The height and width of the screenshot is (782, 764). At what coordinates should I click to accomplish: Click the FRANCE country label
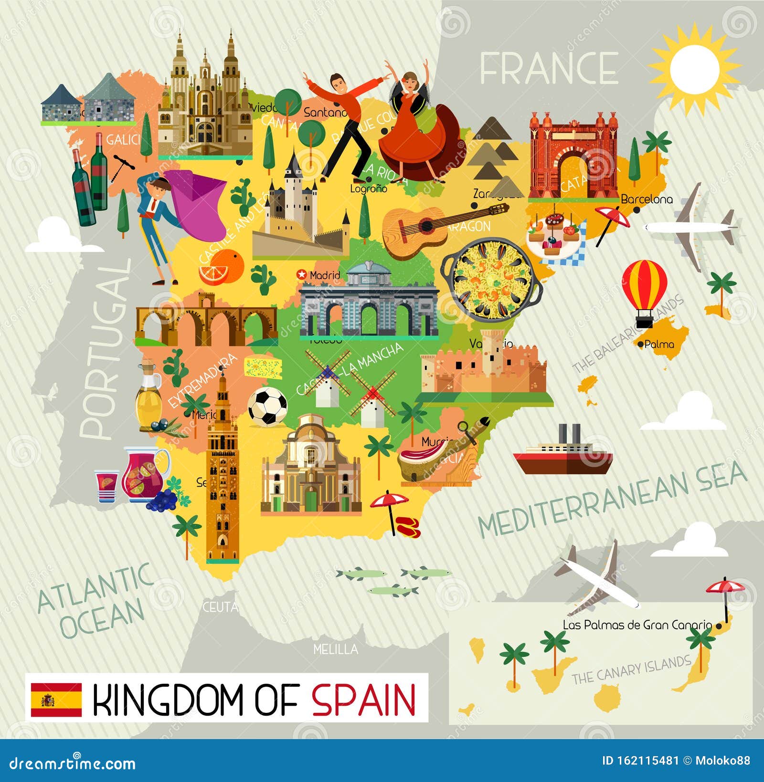click(549, 68)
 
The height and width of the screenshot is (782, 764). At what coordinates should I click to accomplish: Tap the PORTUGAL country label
click(106, 348)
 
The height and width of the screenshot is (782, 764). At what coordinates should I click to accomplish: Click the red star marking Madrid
click(301, 274)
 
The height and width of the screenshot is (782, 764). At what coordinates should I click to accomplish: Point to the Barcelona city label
click(647, 199)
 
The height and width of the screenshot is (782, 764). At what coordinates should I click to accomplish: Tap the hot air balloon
click(644, 292)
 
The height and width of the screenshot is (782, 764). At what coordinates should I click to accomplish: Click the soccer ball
click(267, 407)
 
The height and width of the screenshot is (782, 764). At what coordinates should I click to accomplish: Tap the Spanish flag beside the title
click(56, 699)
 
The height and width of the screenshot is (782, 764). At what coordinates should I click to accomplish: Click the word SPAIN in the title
click(364, 699)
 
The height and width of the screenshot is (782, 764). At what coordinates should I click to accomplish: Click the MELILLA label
click(336, 649)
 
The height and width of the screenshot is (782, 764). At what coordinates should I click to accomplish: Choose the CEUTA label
click(220, 607)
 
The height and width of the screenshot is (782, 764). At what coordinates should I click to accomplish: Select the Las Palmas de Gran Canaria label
click(637, 625)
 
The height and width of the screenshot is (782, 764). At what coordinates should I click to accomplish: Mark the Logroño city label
click(368, 188)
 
